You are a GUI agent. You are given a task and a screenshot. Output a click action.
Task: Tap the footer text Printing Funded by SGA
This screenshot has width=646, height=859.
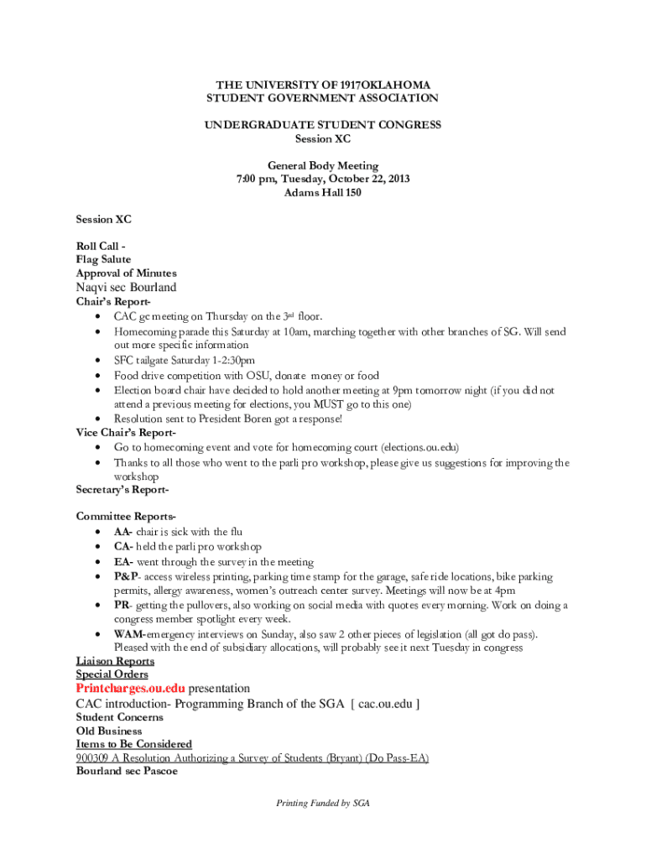click(x=323, y=803)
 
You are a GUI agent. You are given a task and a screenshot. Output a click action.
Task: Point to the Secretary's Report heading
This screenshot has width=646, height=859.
click(x=122, y=489)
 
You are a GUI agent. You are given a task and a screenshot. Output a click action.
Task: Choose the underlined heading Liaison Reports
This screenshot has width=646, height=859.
click(x=115, y=661)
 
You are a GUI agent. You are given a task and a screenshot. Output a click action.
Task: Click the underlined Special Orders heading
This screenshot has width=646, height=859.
click(x=112, y=674)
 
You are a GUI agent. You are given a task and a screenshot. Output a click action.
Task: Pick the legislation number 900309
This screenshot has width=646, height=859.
click(x=92, y=758)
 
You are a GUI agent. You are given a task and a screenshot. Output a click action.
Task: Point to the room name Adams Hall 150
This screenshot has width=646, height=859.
click(x=323, y=193)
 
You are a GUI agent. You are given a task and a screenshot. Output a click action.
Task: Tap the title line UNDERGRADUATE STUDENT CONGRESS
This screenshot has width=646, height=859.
click(x=323, y=125)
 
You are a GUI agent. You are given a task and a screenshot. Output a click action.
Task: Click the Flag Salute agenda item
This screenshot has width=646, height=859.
click(x=103, y=260)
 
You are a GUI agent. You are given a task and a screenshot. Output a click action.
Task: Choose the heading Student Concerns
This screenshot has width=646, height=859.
click(x=120, y=717)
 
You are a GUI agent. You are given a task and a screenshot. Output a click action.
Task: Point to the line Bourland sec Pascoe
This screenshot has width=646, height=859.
click(x=127, y=772)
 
